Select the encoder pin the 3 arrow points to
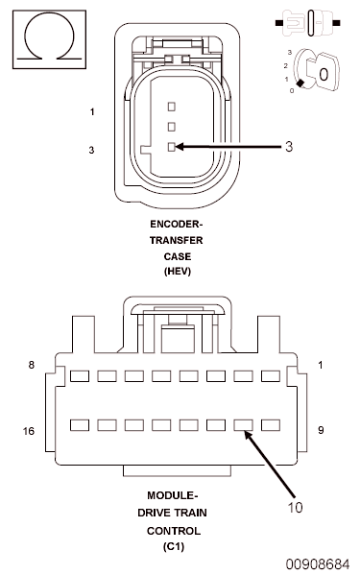172,147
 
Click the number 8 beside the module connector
32,366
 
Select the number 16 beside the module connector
29,431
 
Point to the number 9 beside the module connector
320,431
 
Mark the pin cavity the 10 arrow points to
243,423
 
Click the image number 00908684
318,563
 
